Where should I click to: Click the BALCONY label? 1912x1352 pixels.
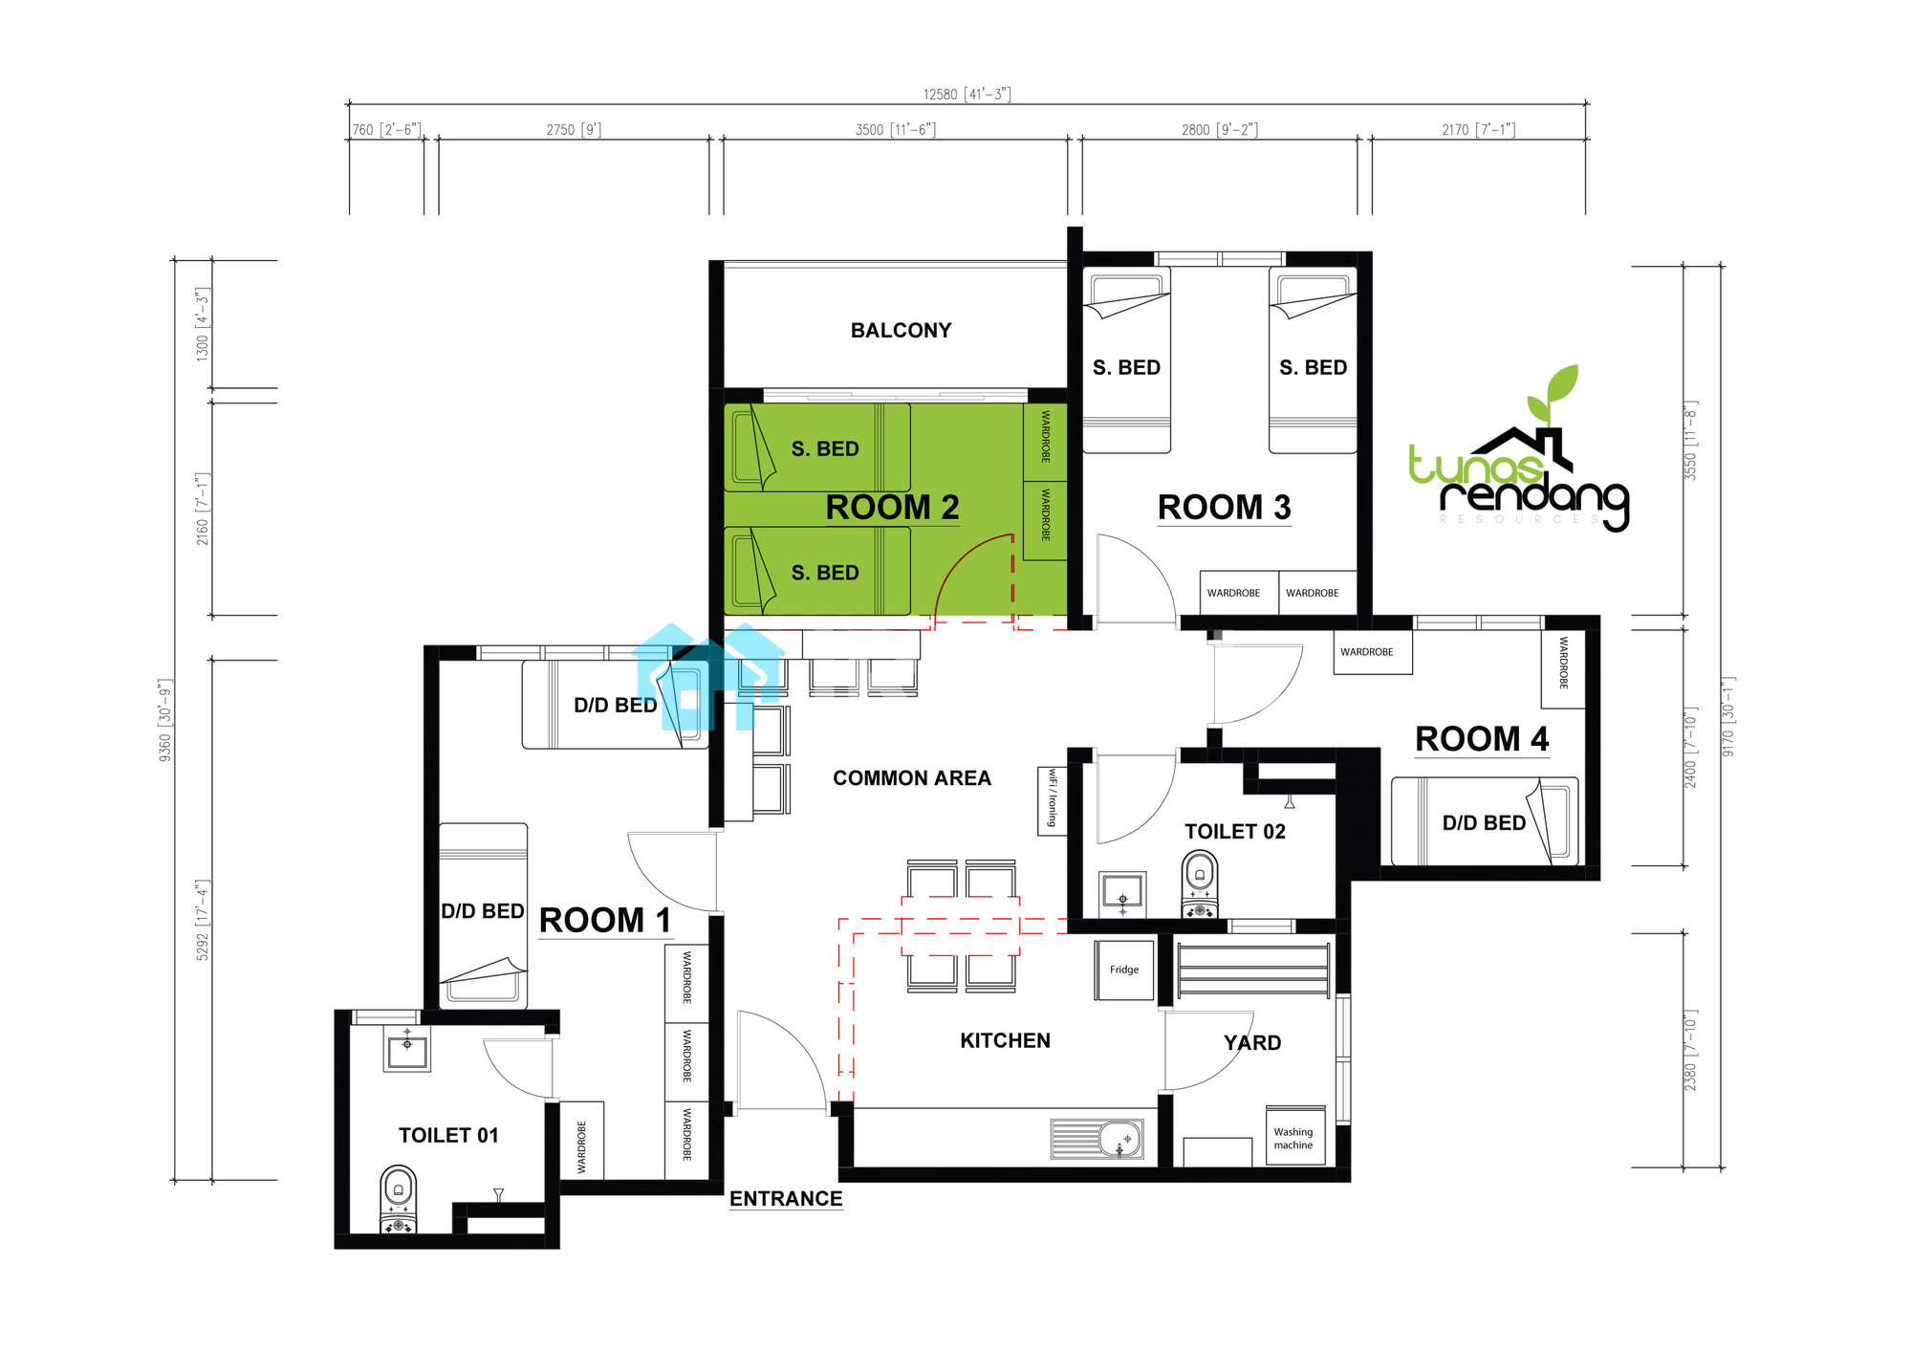(901, 330)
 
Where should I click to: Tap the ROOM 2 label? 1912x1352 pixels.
(892, 507)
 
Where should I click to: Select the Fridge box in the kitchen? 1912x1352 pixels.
(1124, 970)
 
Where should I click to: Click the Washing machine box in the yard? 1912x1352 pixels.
(1295, 1137)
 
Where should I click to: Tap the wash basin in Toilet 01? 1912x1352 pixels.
(408, 1048)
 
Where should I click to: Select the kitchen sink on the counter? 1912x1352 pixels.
(1097, 1139)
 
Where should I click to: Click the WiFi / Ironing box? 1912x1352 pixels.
(1052, 800)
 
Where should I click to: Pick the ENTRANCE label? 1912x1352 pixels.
(786, 1199)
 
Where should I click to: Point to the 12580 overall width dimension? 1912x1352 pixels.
(967, 94)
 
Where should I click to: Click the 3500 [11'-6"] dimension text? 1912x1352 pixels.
(895, 129)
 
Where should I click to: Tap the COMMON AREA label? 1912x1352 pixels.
(912, 778)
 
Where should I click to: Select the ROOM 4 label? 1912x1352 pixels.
(1482, 739)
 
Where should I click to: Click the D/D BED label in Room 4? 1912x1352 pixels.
(1484, 823)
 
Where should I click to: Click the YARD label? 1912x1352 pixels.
(1252, 1043)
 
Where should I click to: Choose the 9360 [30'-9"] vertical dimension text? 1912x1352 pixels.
(165, 720)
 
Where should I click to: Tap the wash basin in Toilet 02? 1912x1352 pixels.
(1122, 894)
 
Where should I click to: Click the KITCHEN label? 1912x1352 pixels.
(1005, 1040)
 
